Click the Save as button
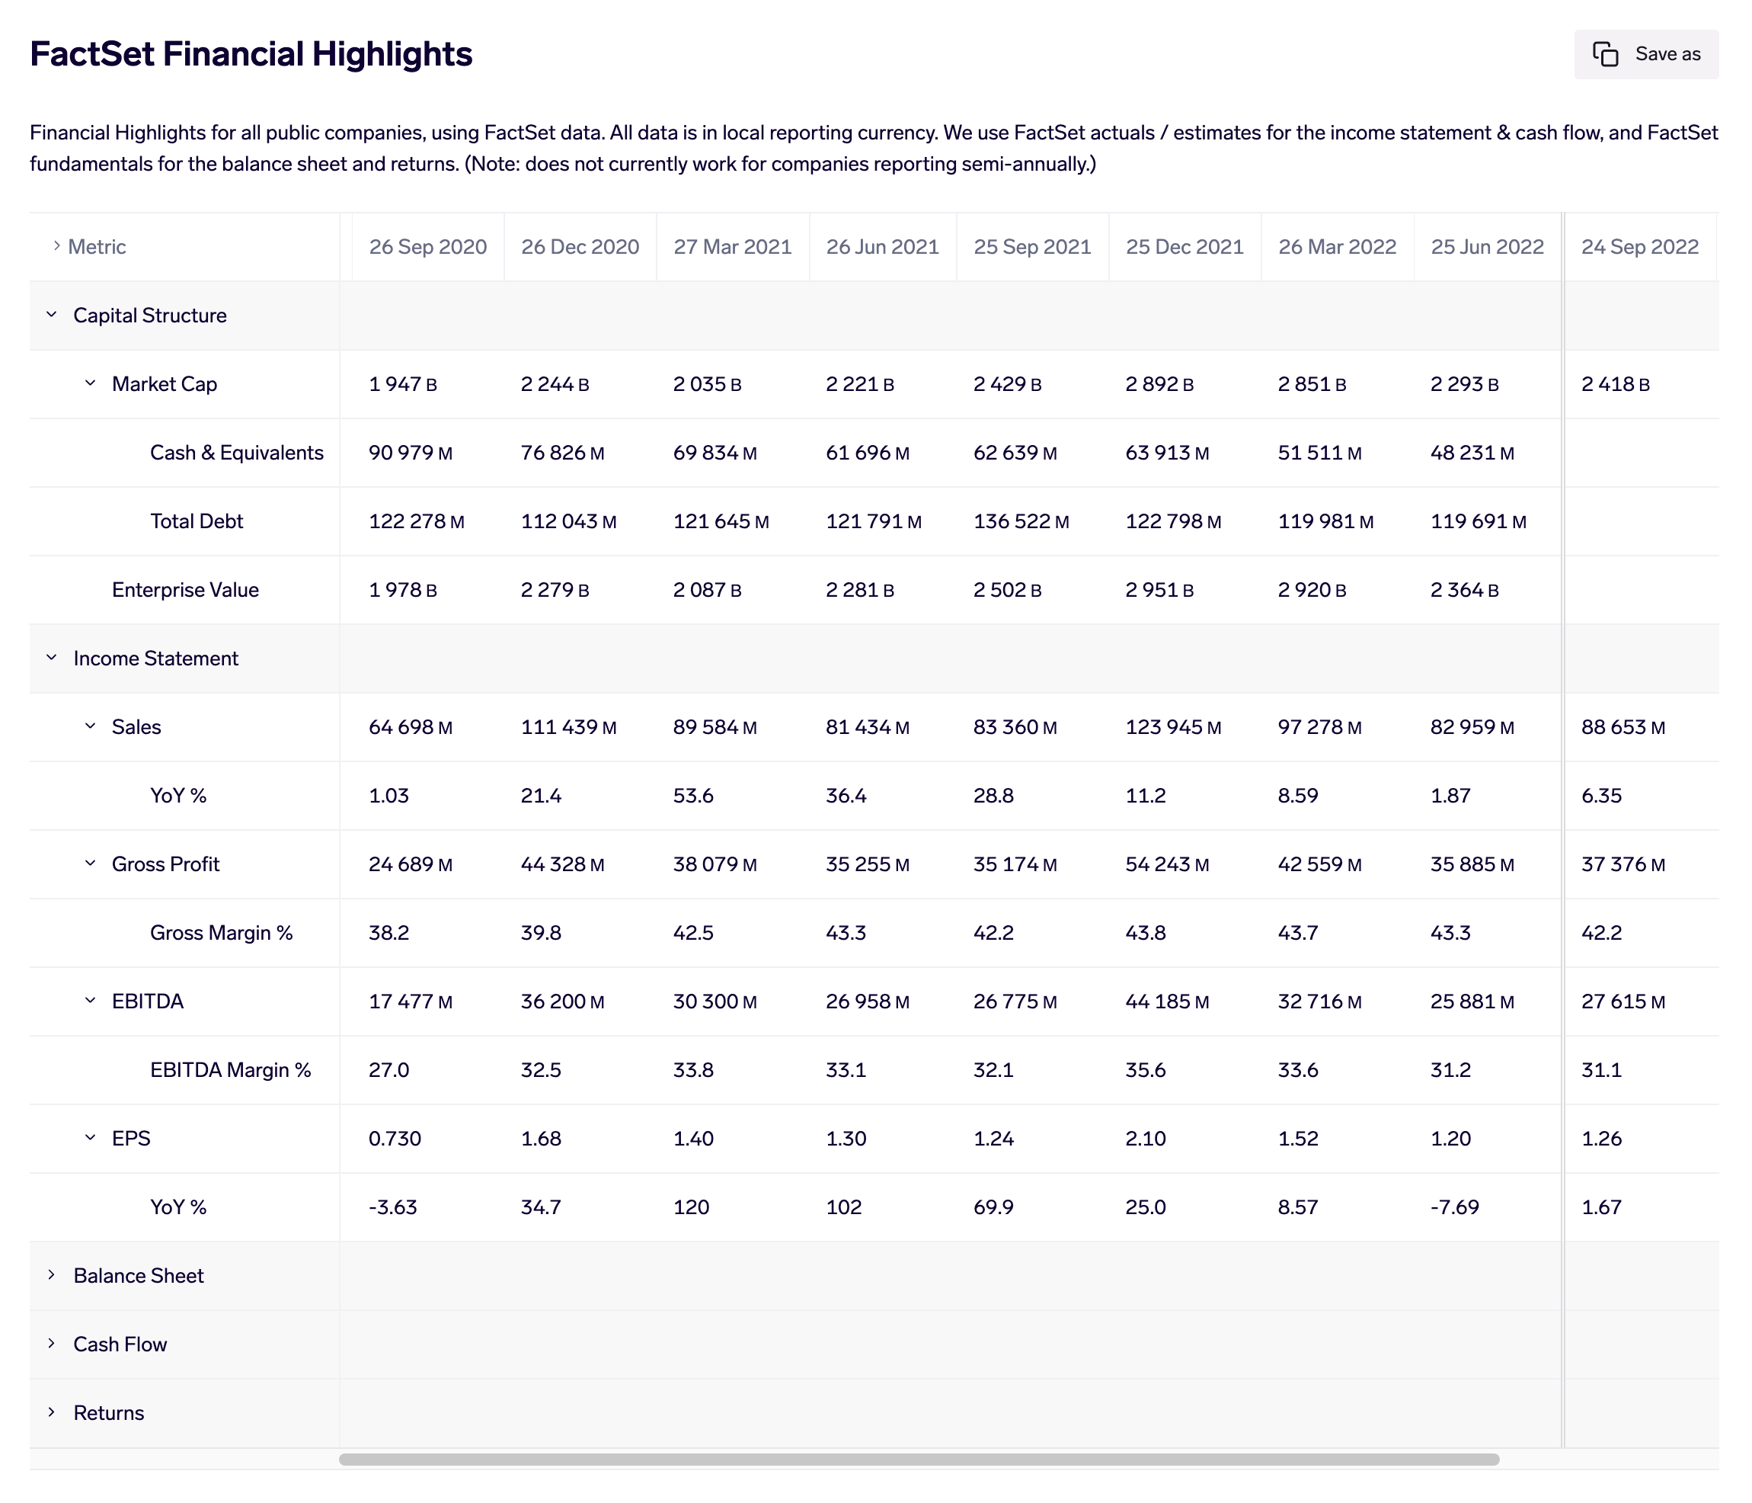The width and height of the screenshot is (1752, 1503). coord(1645,54)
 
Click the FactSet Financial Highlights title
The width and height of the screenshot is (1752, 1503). coord(251,54)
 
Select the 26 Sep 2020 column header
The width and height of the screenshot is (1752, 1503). coord(427,247)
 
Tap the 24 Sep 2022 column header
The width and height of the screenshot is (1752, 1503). coord(1639,247)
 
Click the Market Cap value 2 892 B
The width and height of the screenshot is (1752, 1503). coord(1159,384)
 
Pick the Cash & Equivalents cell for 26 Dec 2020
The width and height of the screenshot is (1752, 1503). coord(561,453)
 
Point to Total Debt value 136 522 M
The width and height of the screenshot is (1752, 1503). coord(1020,521)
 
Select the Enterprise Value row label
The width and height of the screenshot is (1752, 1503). coord(184,589)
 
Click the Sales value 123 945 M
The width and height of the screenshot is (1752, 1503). coord(1172,726)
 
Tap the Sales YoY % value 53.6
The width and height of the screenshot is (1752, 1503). coord(692,795)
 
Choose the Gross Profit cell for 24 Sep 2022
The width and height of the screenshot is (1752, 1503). coord(1622,864)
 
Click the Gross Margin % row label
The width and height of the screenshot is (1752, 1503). coord(221,932)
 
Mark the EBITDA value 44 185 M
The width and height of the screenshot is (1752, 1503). coord(1166,1001)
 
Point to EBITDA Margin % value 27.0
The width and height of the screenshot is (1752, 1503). coord(388,1070)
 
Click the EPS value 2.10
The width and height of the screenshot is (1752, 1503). coord(1145,1139)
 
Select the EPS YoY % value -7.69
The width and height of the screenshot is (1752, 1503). coord(1453,1207)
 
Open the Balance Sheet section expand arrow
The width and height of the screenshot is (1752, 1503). coord(52,1274)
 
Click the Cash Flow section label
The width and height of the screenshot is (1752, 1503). coord(120,1344)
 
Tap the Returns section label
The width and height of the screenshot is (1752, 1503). coord(108,1412)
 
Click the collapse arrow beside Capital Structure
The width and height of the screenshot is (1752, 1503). coord(52,315)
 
